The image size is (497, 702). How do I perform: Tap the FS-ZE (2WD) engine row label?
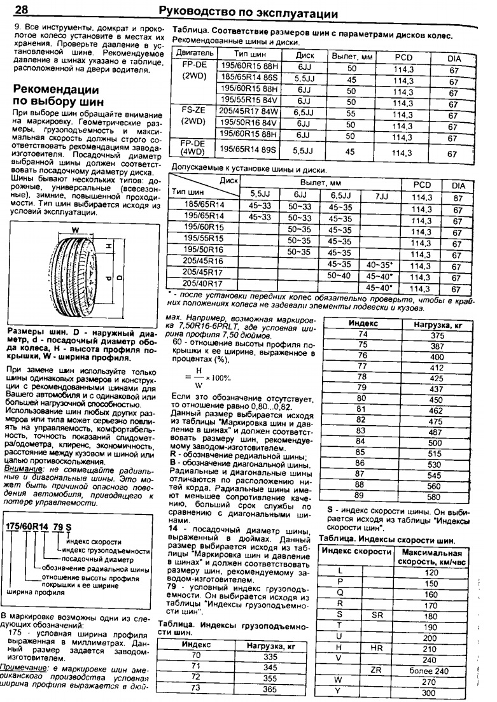[x=190, y=116]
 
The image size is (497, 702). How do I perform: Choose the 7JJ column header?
[x=381, y=195]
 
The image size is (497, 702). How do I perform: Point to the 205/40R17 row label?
[x=202, y=283]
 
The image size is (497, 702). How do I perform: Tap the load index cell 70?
[x=195, y=656]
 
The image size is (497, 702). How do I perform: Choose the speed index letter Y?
[x=339, y=692]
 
